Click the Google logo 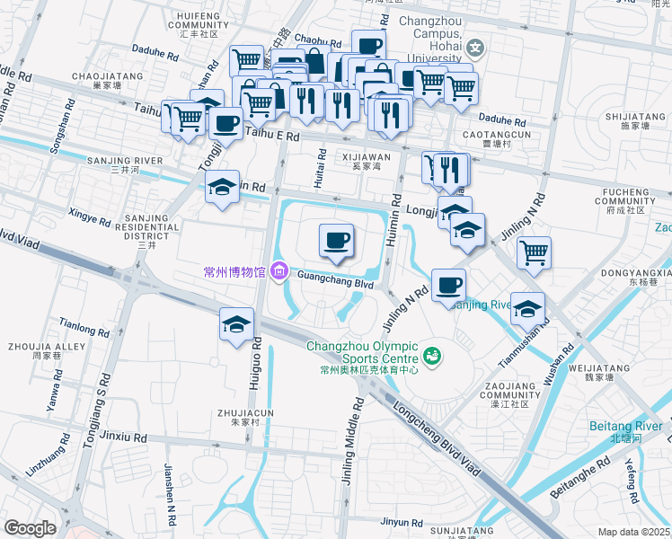31,528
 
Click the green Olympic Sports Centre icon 433,357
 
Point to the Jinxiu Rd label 124,437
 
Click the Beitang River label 625,431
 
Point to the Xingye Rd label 89,217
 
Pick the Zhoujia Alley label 34,350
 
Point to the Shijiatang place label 633,122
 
